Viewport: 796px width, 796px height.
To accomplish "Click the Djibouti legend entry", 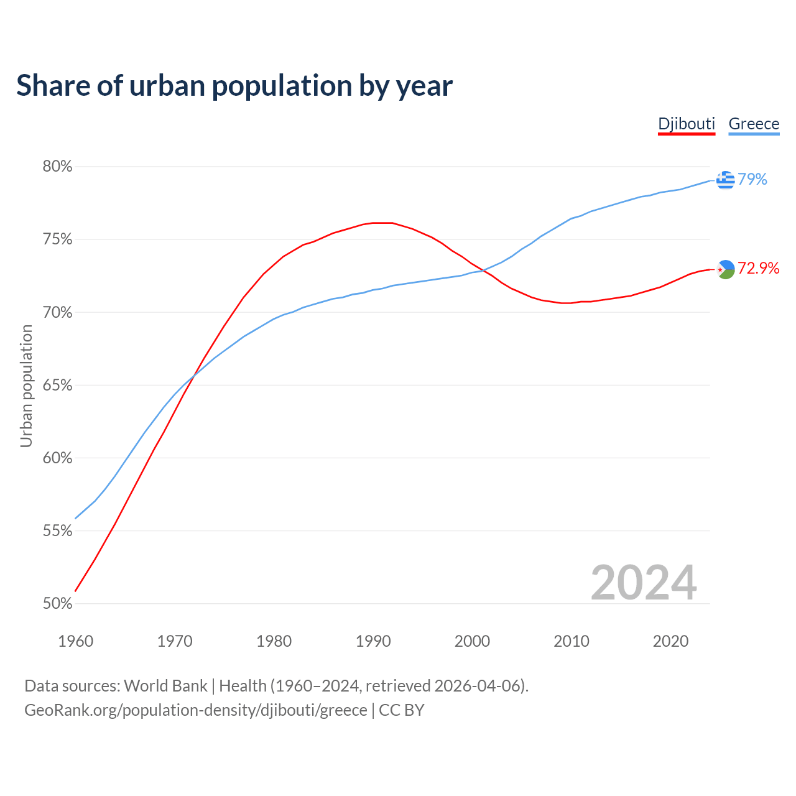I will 687,124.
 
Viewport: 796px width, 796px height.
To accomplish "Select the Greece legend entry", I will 754,124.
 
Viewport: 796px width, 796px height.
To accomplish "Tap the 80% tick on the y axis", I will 57,167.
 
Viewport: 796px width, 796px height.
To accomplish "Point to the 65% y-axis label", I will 57,386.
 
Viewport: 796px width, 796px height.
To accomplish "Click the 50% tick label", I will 57,604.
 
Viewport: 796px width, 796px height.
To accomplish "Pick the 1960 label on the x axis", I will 75,641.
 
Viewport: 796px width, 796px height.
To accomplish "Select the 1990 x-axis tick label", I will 373,641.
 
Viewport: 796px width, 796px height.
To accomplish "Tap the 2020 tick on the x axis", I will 670,641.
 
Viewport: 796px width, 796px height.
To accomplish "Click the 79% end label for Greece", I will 752,179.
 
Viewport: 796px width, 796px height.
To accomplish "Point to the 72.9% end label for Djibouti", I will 759,268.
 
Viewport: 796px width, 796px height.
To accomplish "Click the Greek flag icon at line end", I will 725,180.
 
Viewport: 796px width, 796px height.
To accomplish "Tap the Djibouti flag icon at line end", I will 725,269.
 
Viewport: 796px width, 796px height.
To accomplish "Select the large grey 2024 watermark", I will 644,583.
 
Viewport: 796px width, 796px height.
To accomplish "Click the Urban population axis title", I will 26,386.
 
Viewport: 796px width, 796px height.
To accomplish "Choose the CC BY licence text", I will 402,710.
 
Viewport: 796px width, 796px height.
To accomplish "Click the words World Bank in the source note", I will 165,686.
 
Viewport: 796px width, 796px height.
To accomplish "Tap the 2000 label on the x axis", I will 472,641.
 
